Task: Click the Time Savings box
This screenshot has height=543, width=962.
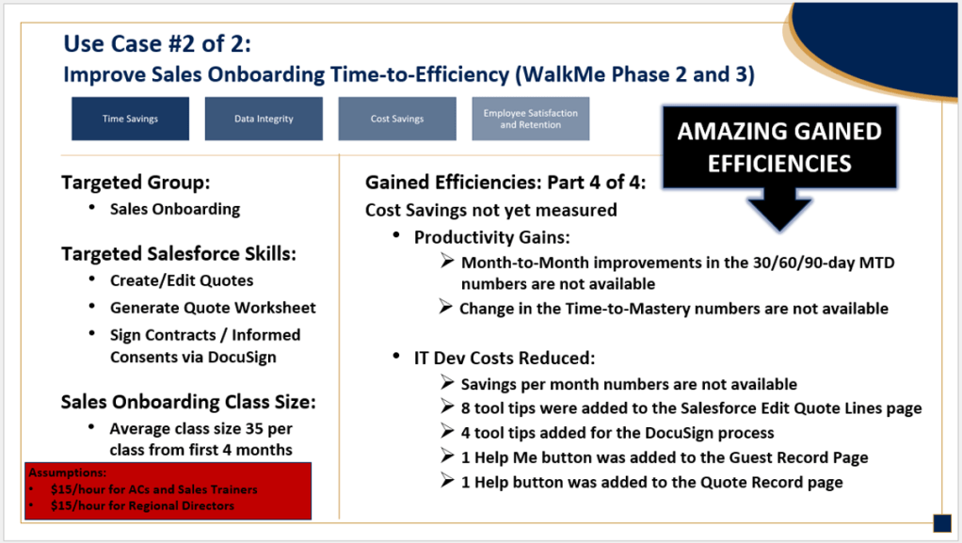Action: point(130,119)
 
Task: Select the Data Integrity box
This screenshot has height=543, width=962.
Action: point(264,119)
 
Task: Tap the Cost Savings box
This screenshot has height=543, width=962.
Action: point(397,119)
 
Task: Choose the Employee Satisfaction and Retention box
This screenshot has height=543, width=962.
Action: point(531,119)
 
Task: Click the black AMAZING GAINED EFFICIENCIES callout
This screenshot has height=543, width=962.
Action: point(779,147)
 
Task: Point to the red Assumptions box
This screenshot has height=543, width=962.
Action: point(168,491)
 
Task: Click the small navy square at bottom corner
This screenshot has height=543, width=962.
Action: point(941,523)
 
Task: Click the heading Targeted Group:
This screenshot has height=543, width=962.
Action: point(136,183)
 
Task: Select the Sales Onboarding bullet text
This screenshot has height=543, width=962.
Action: point(175,209)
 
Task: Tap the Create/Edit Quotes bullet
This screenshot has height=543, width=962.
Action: point(182,280)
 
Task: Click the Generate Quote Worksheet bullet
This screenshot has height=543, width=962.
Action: point(213,308)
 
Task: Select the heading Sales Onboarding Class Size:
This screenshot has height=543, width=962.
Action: point(188,402)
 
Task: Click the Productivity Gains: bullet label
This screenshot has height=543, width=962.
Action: point(492,237)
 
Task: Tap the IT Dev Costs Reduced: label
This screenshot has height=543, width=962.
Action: point(505,358)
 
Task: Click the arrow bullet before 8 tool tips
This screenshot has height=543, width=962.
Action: point(447,407)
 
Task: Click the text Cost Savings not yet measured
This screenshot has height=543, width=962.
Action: point(490,210)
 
